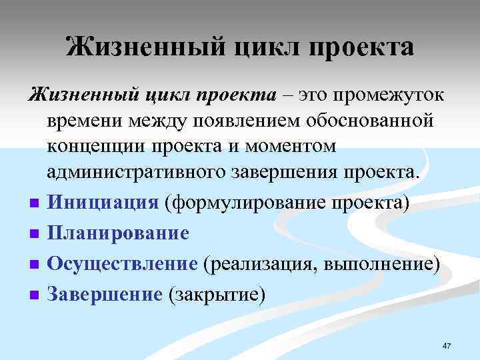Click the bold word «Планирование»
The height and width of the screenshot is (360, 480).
tap(118, 233)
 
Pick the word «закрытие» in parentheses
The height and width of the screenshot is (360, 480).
tap(217, 294)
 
